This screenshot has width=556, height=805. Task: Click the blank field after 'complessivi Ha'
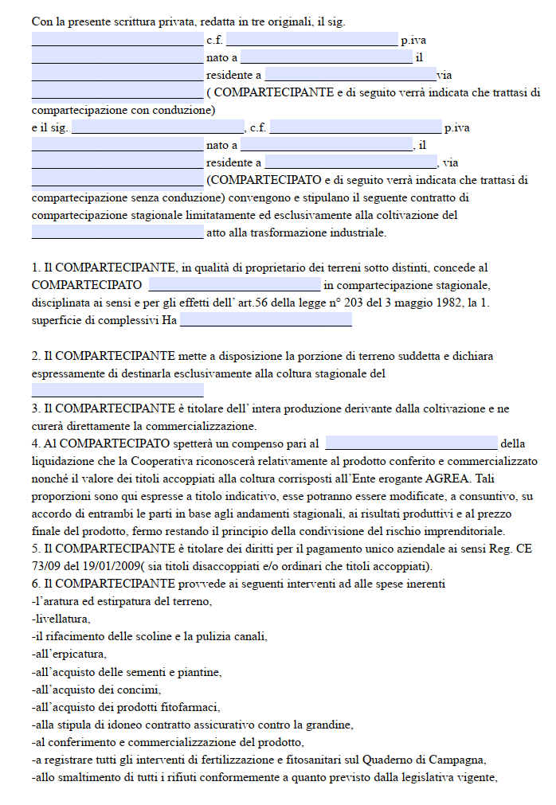tap(265, 320)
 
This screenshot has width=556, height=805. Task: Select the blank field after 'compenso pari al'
tap(411, 444)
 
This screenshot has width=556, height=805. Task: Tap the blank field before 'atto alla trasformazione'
tap(117, 233)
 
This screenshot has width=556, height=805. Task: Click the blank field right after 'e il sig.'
tap(158, 127)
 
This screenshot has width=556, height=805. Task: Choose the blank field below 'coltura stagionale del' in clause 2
tap(117, 390)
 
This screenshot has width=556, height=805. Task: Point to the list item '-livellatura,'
tap(61, 619)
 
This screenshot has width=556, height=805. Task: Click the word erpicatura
tap(73, 654)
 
